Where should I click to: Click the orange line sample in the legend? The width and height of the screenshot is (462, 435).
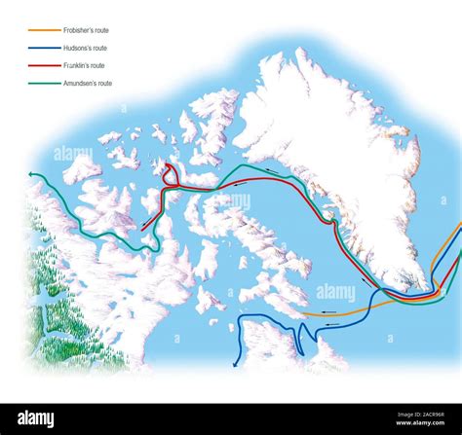point(43,28)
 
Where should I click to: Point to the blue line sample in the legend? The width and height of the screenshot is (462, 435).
point(43,47)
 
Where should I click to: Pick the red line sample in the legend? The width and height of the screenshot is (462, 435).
point(43,65)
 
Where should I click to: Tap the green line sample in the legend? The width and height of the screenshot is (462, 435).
point(43,84)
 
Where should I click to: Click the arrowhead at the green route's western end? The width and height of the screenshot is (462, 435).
point(33,175)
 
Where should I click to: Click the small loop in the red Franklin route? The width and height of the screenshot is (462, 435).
point(170,175)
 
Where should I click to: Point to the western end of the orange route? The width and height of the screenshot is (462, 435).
point(305,315)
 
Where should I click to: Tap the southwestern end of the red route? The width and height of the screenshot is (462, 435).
point(143,228)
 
